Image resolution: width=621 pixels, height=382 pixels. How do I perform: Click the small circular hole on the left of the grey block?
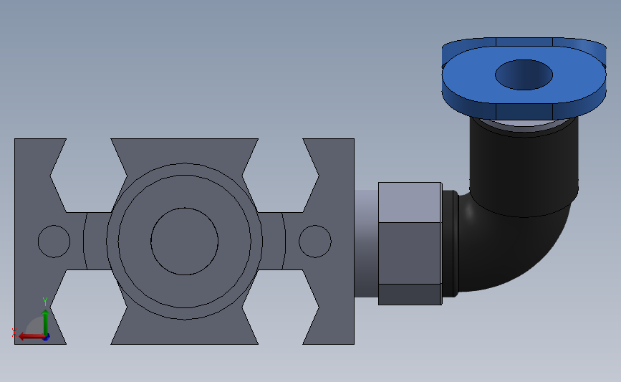point(54,242)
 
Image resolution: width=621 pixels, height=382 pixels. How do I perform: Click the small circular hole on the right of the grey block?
point(315,242)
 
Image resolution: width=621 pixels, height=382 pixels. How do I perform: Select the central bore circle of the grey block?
point(185,242)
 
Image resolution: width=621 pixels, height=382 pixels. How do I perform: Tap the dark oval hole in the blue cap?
point(524,75)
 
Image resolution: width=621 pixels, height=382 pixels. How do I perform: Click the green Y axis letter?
point(45,302)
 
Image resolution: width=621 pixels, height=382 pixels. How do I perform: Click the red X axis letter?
point(14,333)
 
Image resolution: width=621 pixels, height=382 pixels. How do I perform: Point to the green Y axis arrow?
point(46,323)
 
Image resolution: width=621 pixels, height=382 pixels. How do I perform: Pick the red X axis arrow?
point(32,337)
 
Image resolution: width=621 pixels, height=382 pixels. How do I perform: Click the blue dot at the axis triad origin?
point(47,338)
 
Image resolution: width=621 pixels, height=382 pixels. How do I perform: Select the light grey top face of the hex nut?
point(410,203)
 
